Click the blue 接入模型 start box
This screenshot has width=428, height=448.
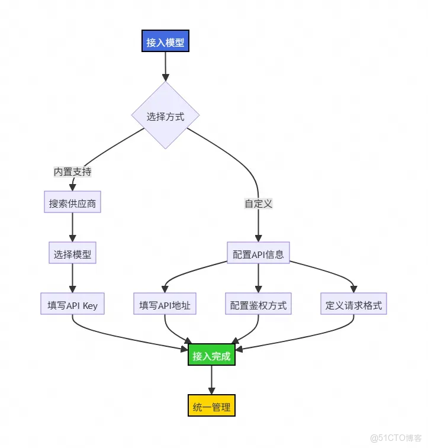[165, 43]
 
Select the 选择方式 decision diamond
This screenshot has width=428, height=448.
[165, 116]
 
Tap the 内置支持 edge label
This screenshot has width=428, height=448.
[72, 172]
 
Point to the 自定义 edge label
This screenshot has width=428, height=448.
[258, 204]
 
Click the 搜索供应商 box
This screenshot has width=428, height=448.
[72, 204]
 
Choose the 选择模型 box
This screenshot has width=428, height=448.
[72, 254]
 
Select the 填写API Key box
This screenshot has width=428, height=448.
[72, 305]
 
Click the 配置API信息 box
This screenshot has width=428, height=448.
[258, 254]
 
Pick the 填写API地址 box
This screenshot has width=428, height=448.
[165, 305]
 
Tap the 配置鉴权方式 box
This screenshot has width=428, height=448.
[258, 305]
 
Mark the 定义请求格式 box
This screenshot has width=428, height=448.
[353, 305]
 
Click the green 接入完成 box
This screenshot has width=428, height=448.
[211, 356]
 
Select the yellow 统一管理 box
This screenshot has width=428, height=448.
[211, 407]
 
